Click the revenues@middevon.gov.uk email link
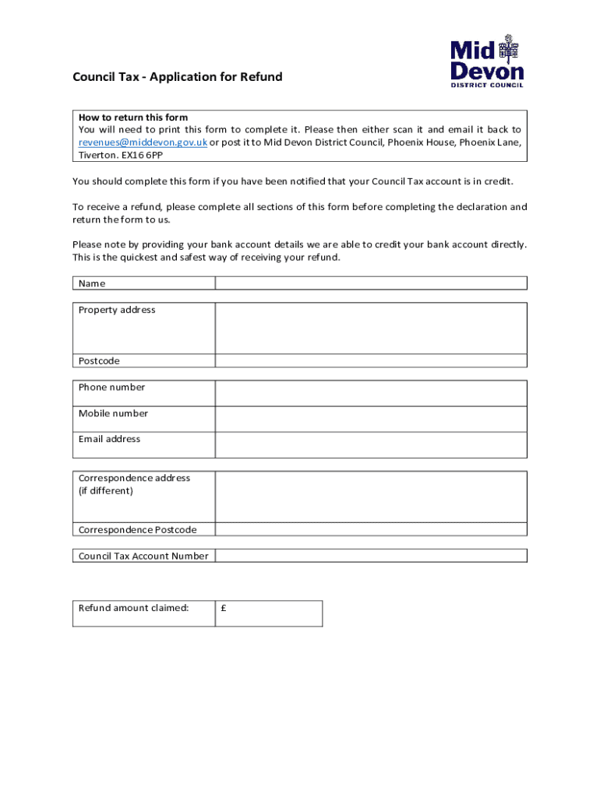[143, 142]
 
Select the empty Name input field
[371, 283]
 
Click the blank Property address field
[371, 328]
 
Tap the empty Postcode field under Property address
[371, 361]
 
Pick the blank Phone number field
[371, 393]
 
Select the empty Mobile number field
[371, 419]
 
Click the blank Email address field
[371, 444]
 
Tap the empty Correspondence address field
[371, 497]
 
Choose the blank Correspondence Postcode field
[371, 530]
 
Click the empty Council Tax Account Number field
[371, 556]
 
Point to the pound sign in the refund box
[224, 609]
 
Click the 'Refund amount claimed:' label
[133, 608]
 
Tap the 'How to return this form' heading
[133, 118]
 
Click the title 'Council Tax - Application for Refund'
[178, 77]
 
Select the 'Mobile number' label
[113, 413]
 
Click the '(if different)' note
[106, 491]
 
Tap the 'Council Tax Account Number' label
[143, 556]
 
